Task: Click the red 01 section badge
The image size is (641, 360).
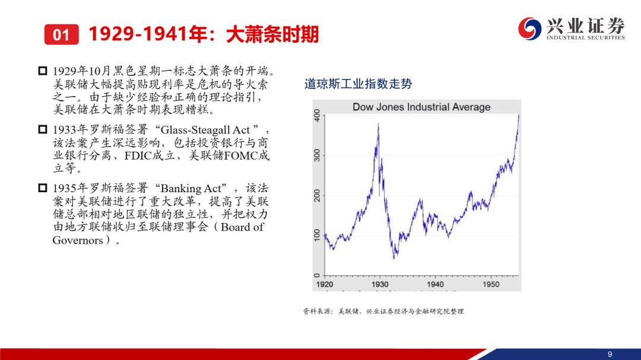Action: click(61, 34)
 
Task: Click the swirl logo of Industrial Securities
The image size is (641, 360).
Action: click(530, 28)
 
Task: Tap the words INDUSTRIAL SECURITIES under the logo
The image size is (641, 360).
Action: click(585, 37)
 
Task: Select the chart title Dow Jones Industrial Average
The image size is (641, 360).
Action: click(421, 107)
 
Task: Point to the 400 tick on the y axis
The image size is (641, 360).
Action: click(317, 116)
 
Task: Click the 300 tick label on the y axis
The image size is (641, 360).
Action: click(317, 155)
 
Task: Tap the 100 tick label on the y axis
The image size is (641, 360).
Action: click(317, 235)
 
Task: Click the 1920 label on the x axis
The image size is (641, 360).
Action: click(325, 284)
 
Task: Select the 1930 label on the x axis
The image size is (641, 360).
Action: click(380, 284)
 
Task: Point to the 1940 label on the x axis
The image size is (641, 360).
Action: click(436, 284)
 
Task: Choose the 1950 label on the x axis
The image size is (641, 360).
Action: click(491, 284)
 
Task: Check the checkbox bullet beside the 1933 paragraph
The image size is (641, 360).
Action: click(43, 129)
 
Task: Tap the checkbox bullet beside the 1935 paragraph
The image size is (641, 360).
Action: click(43, 188)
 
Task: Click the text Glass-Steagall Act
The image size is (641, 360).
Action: click(205, 130)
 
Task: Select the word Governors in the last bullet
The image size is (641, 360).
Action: click(78, 240)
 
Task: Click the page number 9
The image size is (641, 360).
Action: click(610, 354)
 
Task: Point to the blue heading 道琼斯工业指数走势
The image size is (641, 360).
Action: click(358, 84)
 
